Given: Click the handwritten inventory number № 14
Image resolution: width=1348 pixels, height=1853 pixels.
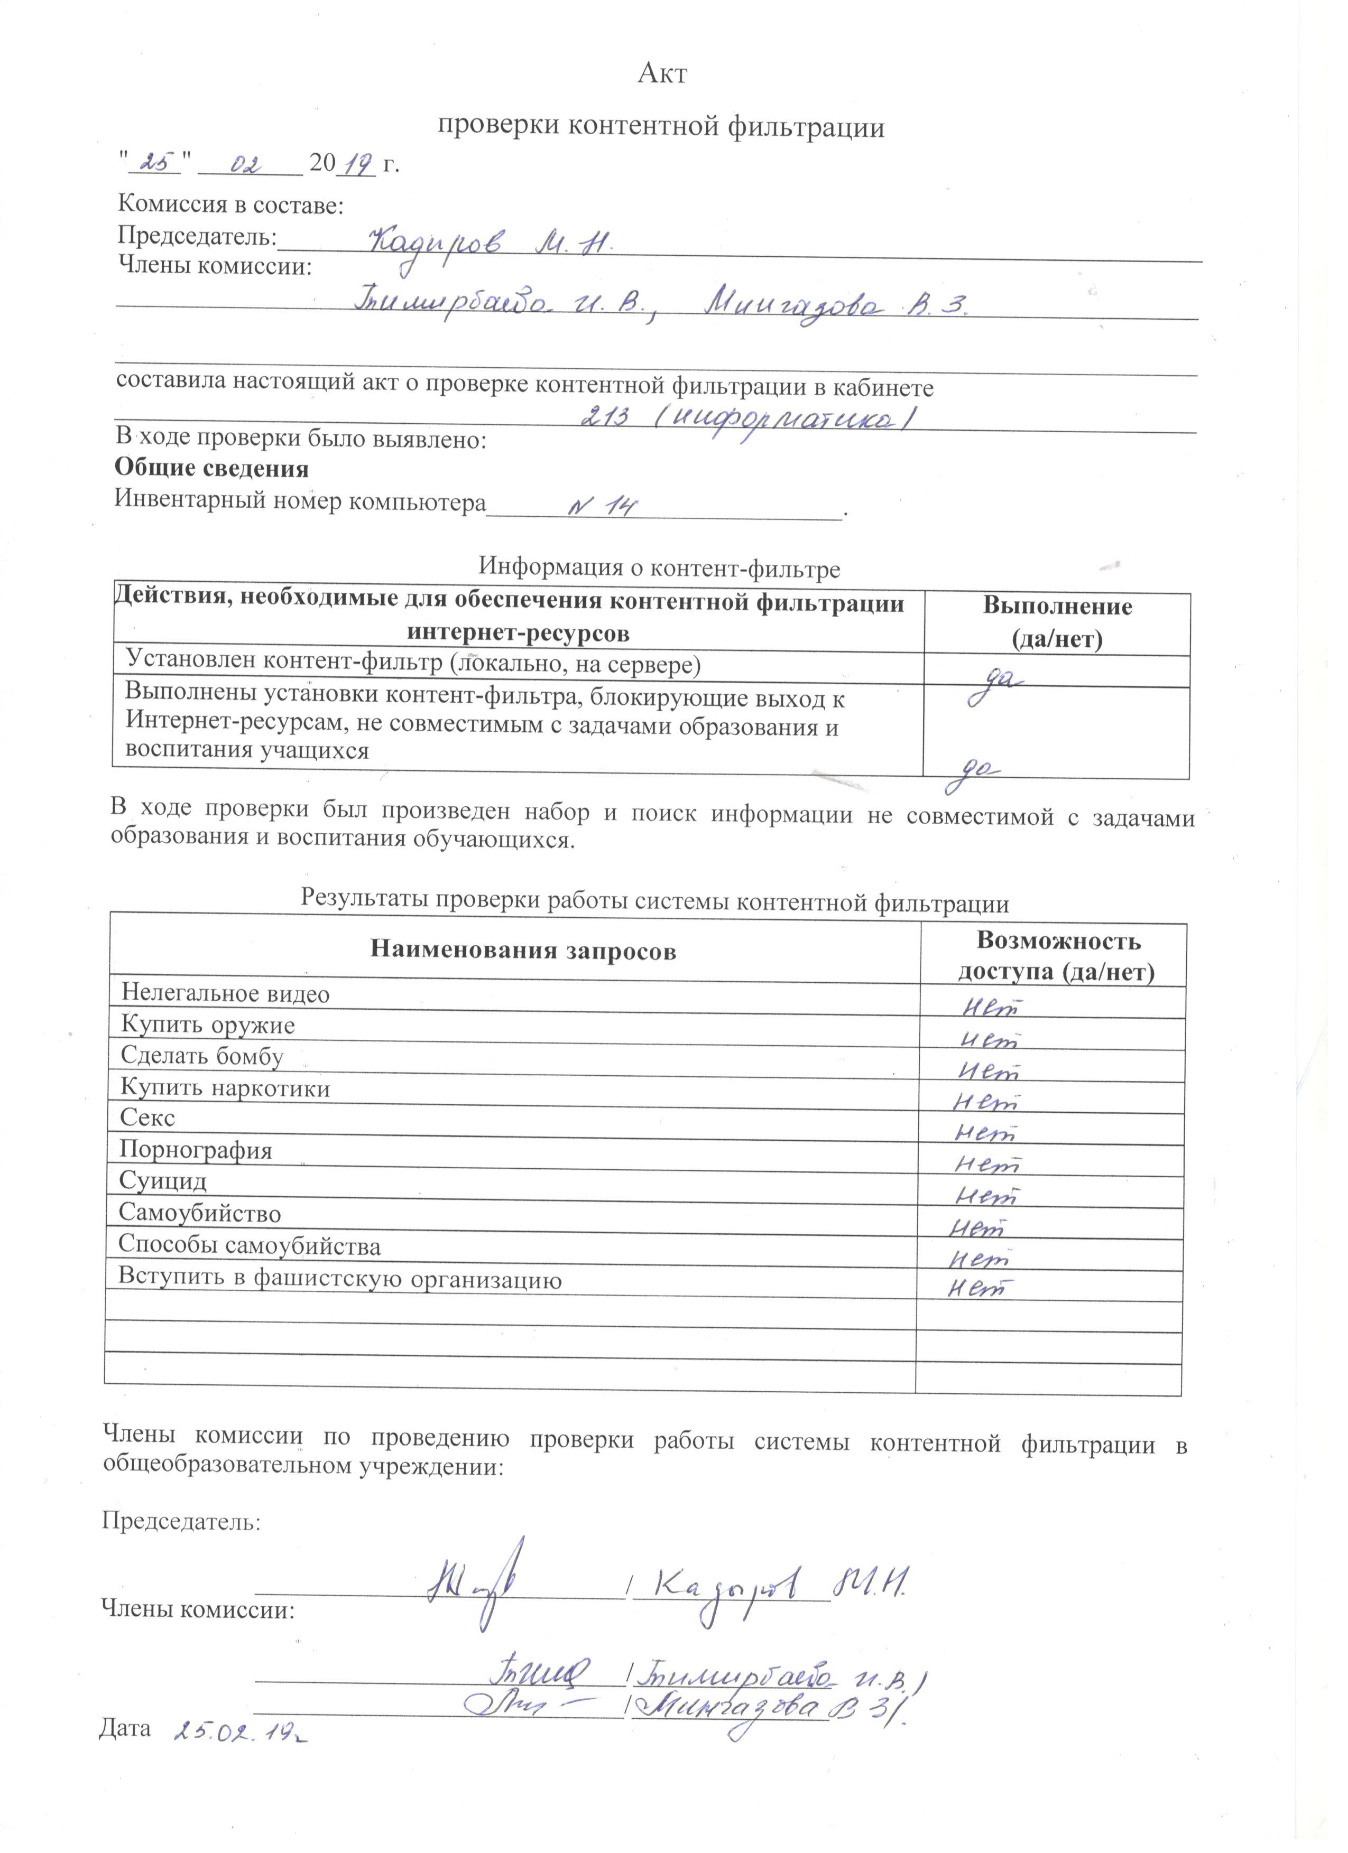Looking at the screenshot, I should pos(603,507).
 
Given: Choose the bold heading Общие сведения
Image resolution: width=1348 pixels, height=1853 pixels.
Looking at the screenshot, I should pos(212,469).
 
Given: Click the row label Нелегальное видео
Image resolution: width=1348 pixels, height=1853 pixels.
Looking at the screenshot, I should pos(225,993).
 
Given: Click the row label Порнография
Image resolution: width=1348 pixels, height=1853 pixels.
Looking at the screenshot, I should pos(196,1150).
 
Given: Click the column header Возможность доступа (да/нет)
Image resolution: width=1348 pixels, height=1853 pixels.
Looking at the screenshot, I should pos(1056,956).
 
